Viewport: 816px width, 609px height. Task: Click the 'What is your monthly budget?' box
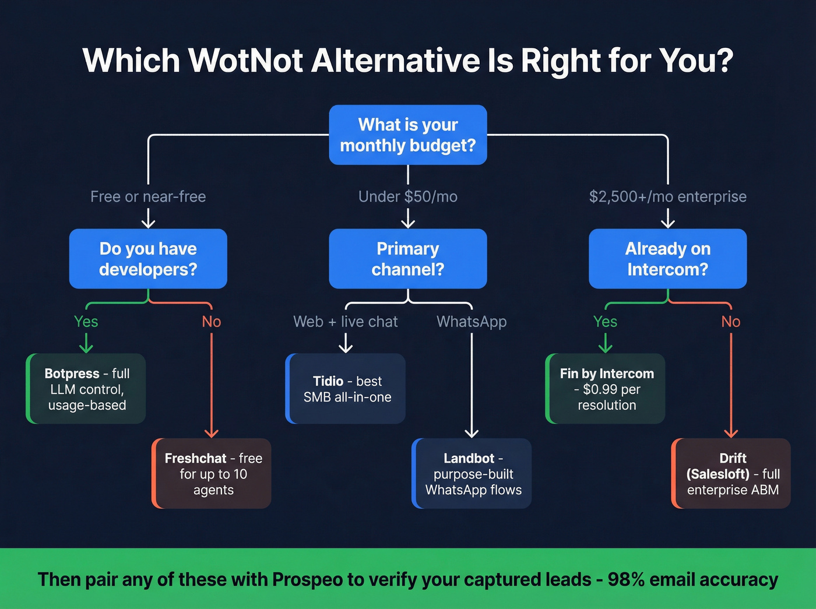tap(408, 135)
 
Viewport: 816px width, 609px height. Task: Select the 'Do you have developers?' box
tap(148, 259)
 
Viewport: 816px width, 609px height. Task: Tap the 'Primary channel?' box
tap(408, 259)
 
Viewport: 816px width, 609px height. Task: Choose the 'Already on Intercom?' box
tap(668, 259)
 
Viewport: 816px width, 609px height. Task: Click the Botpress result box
tap(86, 389)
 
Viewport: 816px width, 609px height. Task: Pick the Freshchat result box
tap(212, 474)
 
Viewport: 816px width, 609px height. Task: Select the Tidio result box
tap(346, 389)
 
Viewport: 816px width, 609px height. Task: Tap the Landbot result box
tap(472, 474)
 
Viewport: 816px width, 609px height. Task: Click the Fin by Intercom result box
tap(606, 389)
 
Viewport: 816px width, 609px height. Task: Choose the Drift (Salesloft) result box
tap(732, 474)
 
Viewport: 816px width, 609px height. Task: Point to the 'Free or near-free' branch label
tap(148, 197)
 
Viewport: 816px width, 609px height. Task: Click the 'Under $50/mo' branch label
tap(408, 197)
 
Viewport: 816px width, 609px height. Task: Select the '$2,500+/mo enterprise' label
tap(668, 197)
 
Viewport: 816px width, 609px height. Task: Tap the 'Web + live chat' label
tap(346, 322)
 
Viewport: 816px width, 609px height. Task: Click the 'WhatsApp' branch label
tap(472, 322)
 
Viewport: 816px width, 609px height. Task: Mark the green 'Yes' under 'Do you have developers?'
tap(86, 322)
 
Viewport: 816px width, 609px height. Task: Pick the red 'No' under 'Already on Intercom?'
tap(731, 322)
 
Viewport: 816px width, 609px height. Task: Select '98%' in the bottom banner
tap(626, 580)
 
